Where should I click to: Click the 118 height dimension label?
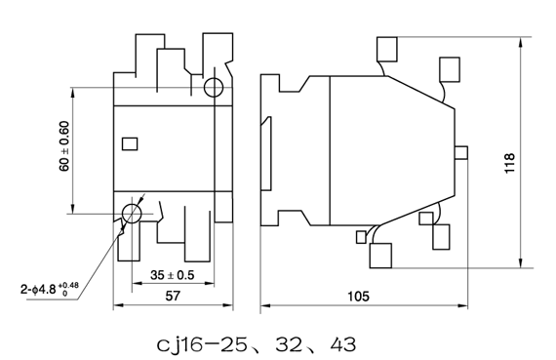pyautogui.click(x=509, y=163)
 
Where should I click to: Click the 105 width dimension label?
pyautogui.click(x=358, y=297)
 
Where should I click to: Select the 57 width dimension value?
pyautogui.click(x=173, y=296)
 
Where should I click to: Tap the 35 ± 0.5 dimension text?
pyautogui.click(x=173, y=275)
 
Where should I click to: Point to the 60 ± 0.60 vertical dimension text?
pyautogui.click(x=64, y=146)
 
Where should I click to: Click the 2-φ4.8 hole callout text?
pyautogui.click(x=50, y=289)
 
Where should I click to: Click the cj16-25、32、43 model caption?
pyautogui.click(x=256, y=344)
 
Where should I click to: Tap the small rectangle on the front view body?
pyautogui.click(x=130, y=144)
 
